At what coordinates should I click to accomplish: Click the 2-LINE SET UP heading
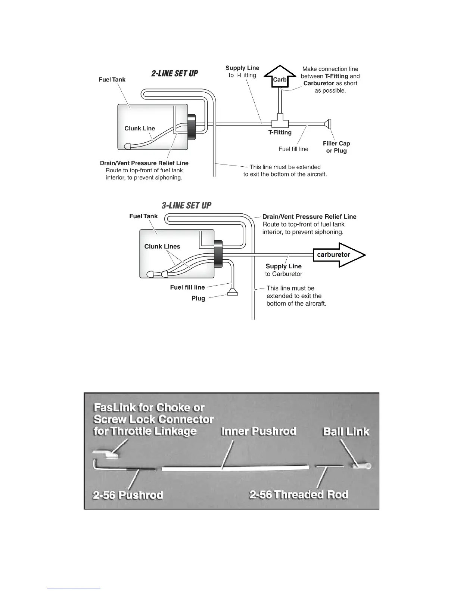point(174,74)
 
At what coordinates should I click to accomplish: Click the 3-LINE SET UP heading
point(186,206)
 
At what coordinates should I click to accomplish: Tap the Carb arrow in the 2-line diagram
point(280,77)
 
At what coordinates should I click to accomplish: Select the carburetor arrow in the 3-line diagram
point(338,255)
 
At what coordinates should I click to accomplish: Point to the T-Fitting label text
point(280,132)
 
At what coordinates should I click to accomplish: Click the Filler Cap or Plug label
point(336,147)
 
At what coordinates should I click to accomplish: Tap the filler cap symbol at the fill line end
point(329,123)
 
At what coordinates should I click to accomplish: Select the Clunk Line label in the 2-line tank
point(140,129)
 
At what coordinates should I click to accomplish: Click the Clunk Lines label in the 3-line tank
point(162,247)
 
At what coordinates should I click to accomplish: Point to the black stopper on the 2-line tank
point(192,127)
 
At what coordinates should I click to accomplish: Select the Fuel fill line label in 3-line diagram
point(187,287)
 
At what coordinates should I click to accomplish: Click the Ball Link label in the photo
point(346,432)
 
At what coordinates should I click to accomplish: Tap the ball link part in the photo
point(361,466)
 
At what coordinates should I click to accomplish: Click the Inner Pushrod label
point(259,431)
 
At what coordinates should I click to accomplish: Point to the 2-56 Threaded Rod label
point(299,495)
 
